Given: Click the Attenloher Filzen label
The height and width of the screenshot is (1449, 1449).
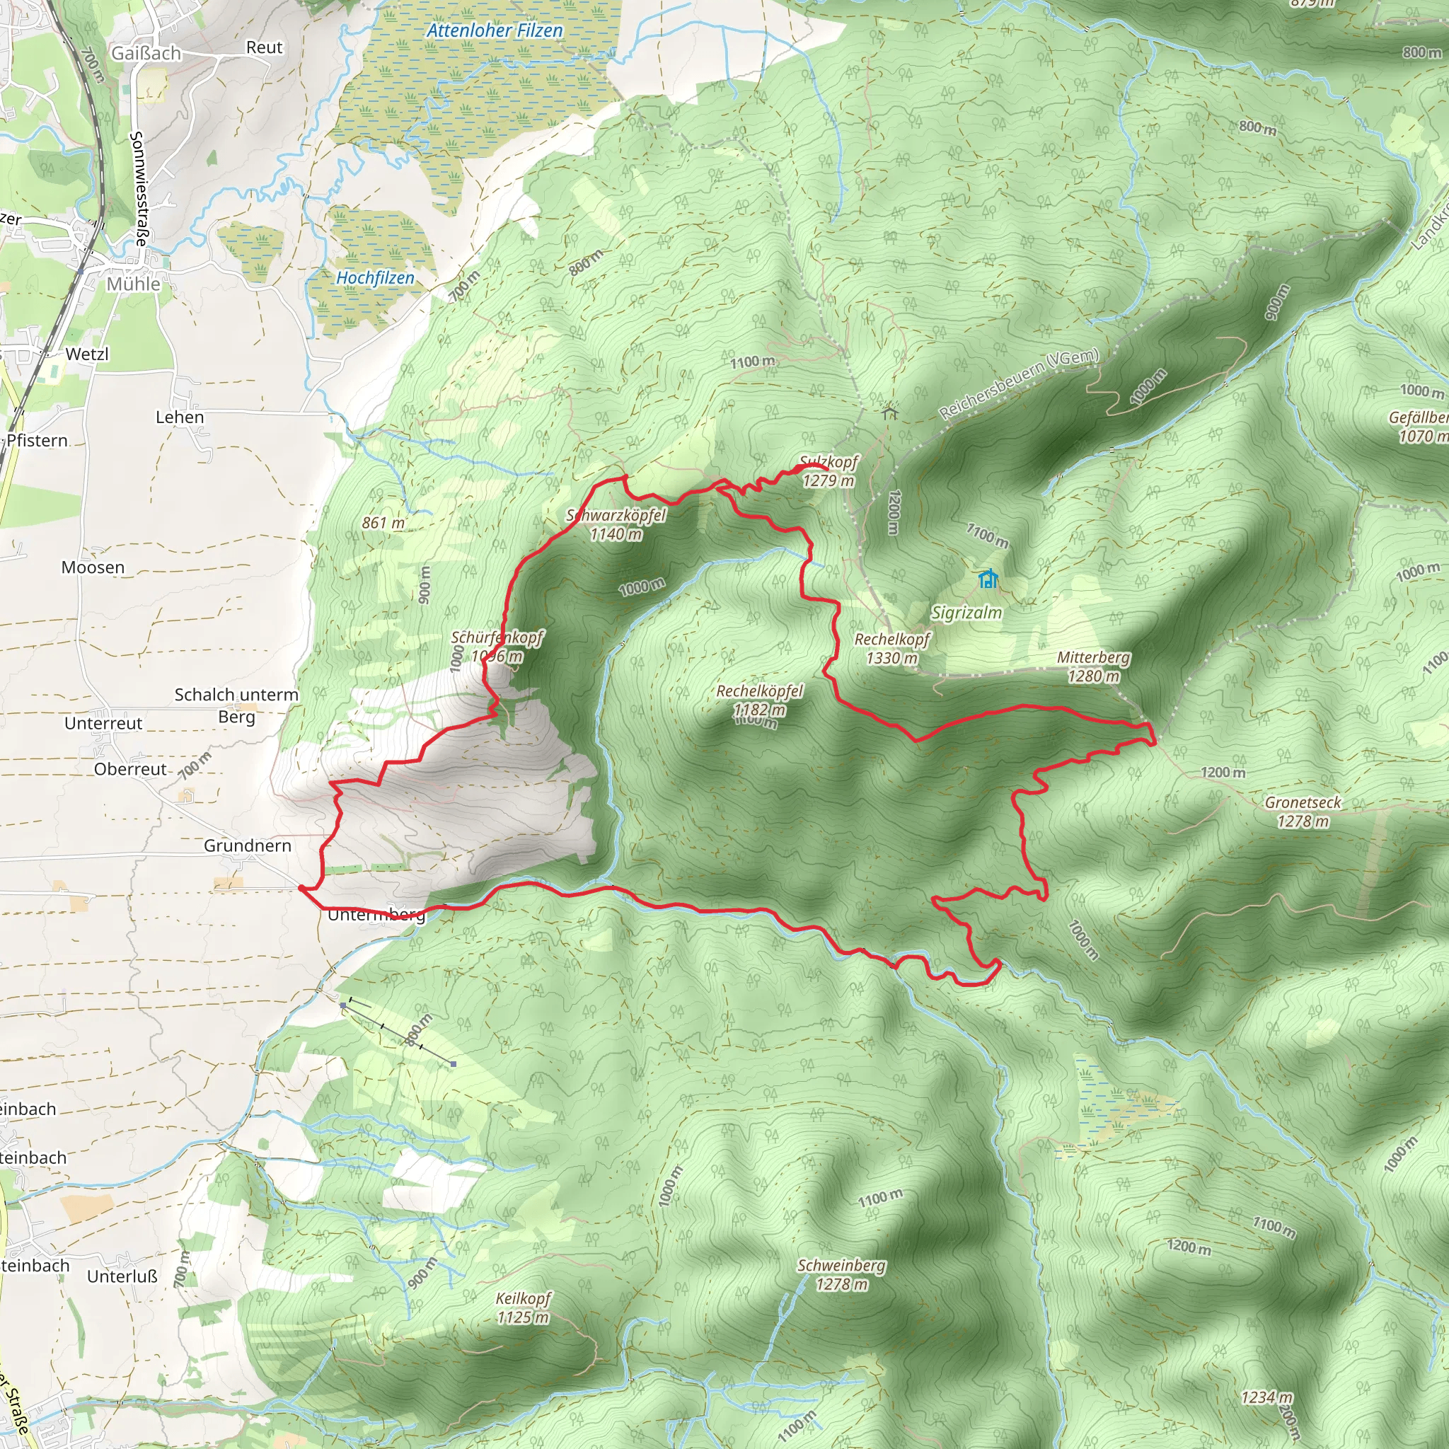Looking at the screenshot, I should click(495, 30).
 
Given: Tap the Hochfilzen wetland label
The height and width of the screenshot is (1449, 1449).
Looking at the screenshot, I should click(375, 278).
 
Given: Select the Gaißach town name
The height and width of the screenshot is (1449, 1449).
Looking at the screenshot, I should click(146, 53).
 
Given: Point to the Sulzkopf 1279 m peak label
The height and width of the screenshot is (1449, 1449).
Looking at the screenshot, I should click(828, 471).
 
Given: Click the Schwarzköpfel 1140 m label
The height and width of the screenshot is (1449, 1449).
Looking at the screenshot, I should click(616, 524).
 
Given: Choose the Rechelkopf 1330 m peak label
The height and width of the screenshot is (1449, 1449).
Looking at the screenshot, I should click(891, 649).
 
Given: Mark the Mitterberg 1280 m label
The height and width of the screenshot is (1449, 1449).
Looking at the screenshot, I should click(1094, 666).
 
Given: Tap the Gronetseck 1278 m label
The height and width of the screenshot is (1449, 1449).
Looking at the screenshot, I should click(1303, 812).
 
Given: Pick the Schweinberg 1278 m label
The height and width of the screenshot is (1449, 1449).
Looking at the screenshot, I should click(841, 1274).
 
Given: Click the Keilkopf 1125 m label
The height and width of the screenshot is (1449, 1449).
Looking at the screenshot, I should click(524, 1307).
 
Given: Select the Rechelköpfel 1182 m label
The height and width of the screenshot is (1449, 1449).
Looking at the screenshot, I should click(759, 700).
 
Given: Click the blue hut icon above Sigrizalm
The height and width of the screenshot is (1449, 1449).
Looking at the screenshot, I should click(988, 579).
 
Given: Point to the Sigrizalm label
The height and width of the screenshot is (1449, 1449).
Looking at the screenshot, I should click(966, 613).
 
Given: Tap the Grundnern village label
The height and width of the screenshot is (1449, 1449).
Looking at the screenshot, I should click(248, 846).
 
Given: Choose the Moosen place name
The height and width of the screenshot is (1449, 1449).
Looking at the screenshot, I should click(93, 567).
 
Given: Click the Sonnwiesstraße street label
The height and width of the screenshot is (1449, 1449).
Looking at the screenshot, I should click(139, 189).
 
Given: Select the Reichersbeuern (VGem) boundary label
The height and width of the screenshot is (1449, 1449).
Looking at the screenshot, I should click(1019, 384).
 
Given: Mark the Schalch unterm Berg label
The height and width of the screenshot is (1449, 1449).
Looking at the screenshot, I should click(236, 705).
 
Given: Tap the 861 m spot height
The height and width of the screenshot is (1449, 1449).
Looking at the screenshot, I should click(383, 523).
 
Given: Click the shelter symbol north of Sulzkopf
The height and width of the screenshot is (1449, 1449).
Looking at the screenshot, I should click(889, 412).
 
